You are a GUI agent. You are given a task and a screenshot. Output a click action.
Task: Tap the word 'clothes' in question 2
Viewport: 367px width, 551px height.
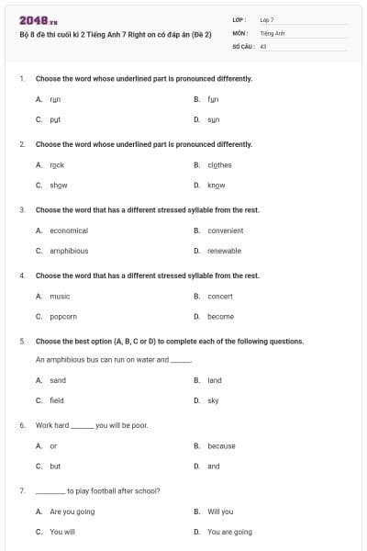point(219,165)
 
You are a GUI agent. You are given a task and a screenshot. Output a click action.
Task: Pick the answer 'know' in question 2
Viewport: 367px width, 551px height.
point(217,186)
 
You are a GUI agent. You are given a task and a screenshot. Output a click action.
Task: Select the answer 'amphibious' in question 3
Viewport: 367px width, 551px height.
point(69,251)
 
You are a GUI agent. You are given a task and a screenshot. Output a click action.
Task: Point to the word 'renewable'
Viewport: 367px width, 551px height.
point(224,251)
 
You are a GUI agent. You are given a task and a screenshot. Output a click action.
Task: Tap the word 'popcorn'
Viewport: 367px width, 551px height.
point(63,317)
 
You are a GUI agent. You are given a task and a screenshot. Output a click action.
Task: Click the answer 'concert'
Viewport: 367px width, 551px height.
point(220,297)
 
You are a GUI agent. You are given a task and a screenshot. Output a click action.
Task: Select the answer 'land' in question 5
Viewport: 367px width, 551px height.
point(215,380)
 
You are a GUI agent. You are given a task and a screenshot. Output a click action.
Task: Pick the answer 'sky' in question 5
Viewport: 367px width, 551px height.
point(213,400)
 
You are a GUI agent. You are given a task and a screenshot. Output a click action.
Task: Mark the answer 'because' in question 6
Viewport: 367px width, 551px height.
point(221,446)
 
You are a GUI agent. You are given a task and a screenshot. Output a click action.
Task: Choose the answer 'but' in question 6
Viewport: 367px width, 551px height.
point(55,467)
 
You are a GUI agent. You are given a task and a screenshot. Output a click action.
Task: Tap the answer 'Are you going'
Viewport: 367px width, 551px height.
point(72,512)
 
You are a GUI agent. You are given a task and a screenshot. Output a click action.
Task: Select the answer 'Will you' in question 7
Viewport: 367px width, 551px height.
point(220,512)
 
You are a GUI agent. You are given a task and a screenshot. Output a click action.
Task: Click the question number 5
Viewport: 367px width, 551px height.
point(21,341)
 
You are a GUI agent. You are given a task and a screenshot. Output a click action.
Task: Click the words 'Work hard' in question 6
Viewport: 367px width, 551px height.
point(52,426)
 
